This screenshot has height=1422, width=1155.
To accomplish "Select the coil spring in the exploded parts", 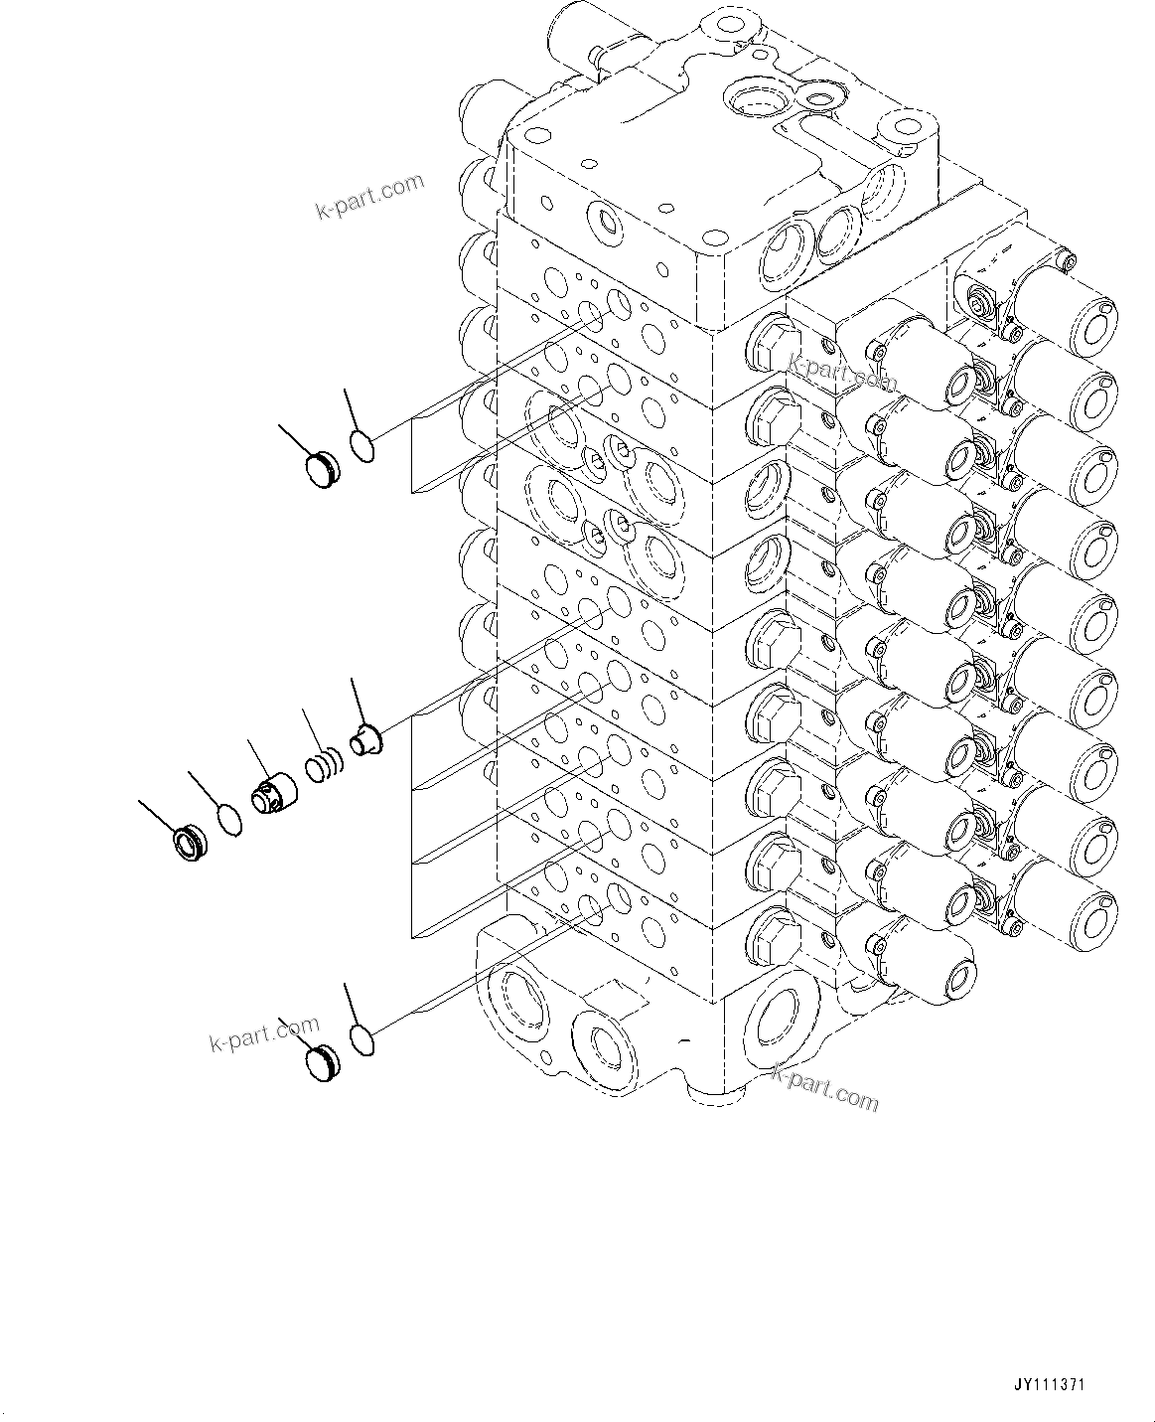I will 323,766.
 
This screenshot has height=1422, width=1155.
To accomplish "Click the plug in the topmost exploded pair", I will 324,470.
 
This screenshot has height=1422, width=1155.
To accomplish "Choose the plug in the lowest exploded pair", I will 324,1064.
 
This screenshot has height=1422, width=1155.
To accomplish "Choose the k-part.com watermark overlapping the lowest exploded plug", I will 264,1033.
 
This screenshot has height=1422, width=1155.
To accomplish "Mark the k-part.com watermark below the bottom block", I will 825,1087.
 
